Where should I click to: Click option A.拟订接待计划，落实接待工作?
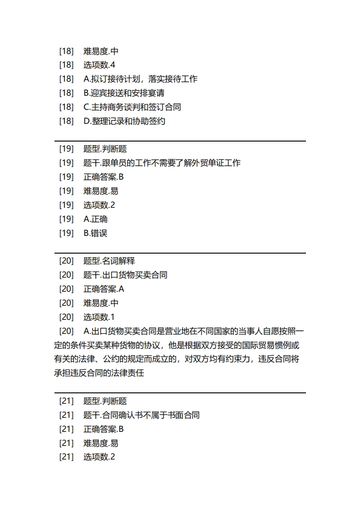pos(140,79)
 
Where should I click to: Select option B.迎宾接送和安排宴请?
pos(124,93)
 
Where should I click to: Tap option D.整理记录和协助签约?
pos(124,121)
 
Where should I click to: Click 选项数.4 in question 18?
pos(99,65)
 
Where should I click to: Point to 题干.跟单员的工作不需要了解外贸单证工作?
pos(162,163)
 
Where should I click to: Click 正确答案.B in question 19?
pos(104,177)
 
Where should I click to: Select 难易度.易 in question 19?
pos(101,191)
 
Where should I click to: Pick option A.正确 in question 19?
pos(95,219)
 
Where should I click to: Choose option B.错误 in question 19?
pos(95,233)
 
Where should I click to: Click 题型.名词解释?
pos(109,261)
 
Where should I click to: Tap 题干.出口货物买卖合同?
pos(125,275)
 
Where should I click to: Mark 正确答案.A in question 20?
pos(104,289)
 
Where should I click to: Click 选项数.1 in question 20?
pos(99,317)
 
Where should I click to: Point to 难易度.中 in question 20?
pos(101,303)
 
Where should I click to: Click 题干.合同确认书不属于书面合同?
pos(142,415)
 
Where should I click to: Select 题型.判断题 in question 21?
pos(105,401)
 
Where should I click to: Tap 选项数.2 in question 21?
pos(99,457)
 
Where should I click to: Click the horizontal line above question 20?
pos(180,253)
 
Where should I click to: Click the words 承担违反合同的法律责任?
pos(99,373)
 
